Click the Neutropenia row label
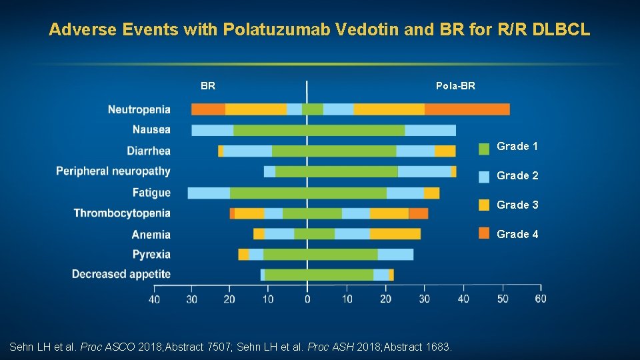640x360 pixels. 139,109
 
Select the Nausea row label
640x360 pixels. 151,129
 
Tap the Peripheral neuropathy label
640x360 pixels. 113,171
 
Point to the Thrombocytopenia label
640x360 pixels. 122,213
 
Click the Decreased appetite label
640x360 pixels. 121,274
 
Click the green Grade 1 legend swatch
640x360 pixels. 485,147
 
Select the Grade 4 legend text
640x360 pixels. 517,234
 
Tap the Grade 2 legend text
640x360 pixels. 517,175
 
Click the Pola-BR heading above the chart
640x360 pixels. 455,86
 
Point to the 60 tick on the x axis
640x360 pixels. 540,299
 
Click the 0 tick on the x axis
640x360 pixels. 307,299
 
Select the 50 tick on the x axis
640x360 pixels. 502,299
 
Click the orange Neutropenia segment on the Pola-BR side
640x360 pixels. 467,109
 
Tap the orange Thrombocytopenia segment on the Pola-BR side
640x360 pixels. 418,213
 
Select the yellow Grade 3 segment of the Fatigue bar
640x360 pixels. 431,193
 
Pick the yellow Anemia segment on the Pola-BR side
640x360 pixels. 395,234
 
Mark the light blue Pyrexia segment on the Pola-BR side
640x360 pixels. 395,254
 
